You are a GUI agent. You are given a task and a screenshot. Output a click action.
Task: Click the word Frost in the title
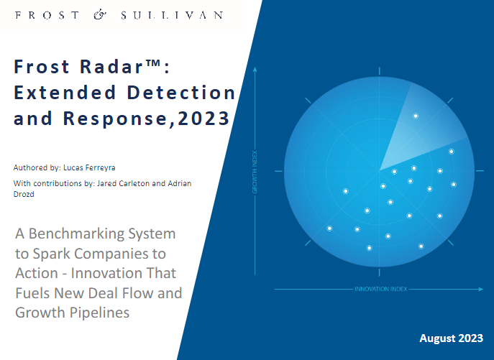(42, 66)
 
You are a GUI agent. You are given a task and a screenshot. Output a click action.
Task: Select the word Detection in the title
(181, 93)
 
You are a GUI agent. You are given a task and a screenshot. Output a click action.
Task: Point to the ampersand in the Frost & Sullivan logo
(100, 15)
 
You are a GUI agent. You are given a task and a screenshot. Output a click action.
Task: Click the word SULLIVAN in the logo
(172, 15)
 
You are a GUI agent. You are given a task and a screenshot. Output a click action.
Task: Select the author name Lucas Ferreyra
(89, 167)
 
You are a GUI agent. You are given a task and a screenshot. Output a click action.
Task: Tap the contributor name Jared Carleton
(123, 183)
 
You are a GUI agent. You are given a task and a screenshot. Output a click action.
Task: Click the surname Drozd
(24, 194)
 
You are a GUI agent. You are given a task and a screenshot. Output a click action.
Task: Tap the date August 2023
(451, 338)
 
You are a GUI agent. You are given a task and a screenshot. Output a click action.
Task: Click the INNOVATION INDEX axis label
(381, 289)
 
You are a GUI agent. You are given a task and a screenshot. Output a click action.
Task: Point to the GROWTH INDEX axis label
(255, 172)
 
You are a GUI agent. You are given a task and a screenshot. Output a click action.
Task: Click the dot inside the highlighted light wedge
(416, 116)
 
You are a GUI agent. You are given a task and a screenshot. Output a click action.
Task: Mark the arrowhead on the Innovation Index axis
(481, 289)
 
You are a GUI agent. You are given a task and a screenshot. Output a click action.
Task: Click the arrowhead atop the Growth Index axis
(255, 69)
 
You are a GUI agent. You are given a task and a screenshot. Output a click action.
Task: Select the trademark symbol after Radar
(153, 63)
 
